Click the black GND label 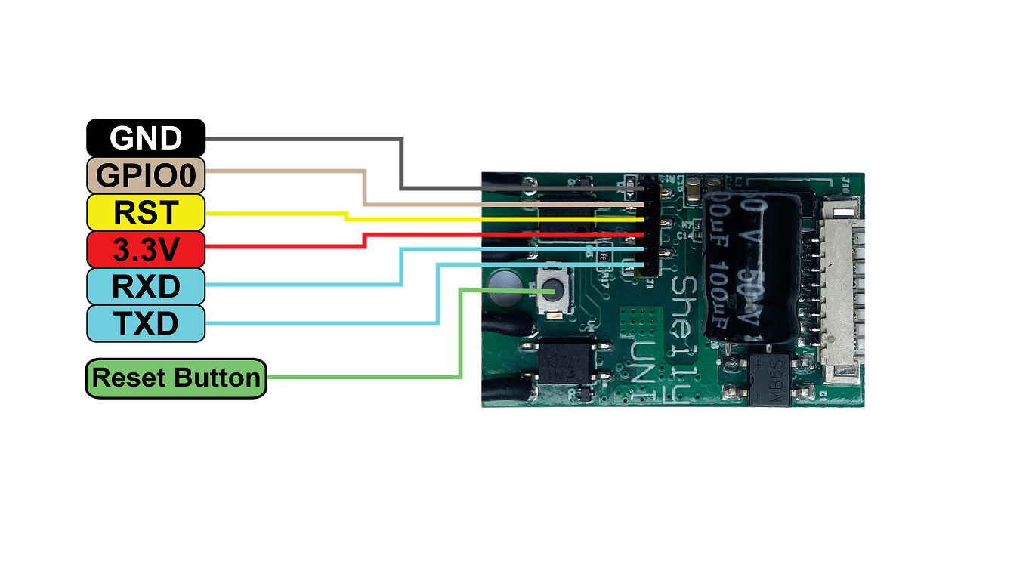146,138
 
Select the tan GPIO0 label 146,175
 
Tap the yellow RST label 146,212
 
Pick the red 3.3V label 146,249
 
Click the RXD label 146,286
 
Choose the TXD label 146,323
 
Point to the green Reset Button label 176,378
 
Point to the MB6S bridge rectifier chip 769,379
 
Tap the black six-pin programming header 650,227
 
